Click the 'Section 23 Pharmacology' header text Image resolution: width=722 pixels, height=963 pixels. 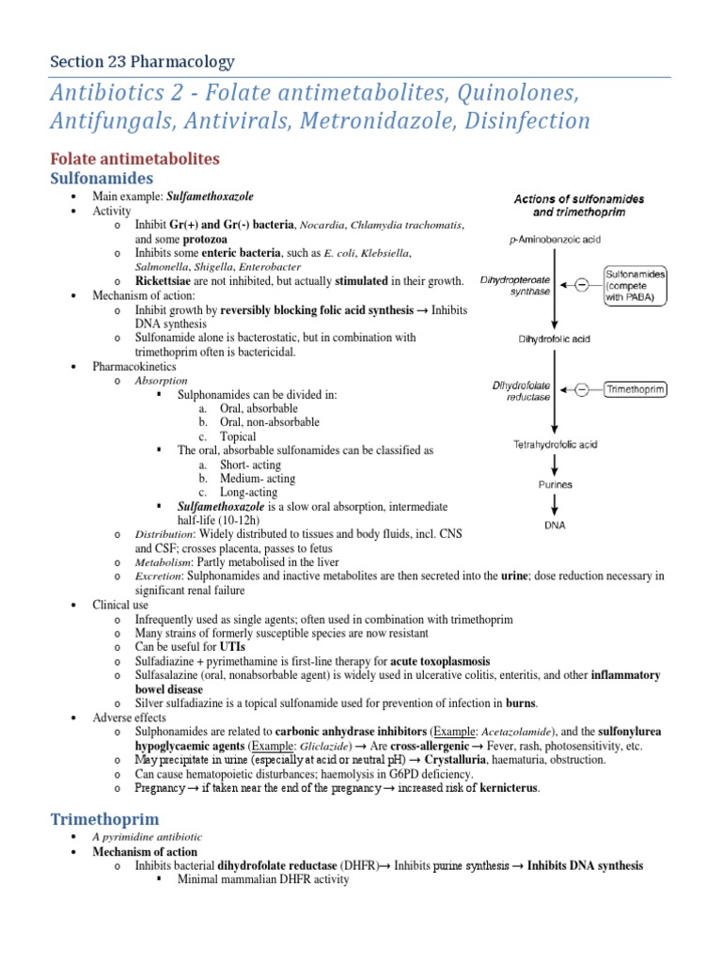tap(142, 62)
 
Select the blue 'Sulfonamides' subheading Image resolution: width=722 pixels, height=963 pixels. tap(102, 178)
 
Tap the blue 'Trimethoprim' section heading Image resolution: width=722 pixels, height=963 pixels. tap(104, 819)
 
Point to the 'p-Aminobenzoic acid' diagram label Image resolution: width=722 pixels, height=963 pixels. tap(554, 240)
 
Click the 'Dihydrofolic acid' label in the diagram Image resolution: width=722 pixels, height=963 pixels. tap(554, 339)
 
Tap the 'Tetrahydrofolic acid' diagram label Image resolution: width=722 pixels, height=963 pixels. tap(555, 444)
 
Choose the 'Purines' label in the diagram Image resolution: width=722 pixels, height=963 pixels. tap(555, 485)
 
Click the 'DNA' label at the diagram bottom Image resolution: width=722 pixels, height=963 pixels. tap(555, 526)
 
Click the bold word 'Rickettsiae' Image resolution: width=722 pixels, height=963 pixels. tap(164, 281)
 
